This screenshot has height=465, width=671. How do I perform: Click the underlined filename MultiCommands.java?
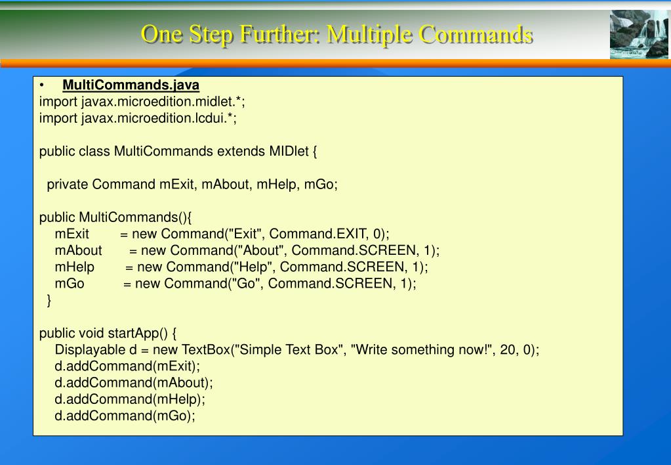click(131, 85)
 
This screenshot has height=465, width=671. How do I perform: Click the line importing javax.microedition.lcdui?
click(138, 118)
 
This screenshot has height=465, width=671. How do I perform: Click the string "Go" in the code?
click(245, 283)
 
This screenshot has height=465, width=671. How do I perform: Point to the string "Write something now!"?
click(422, 349)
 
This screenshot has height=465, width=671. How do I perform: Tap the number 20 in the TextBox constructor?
click(507, 349)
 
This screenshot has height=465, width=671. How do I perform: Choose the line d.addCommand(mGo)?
click(125, 416)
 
